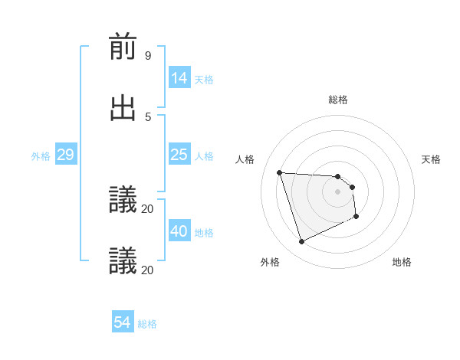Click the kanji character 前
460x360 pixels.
pos(123,47)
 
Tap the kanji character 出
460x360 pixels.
pos(123,108)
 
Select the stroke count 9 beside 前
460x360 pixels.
pos(147,55)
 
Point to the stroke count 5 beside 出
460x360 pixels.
pos(147,116)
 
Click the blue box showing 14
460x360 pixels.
pos(179,78)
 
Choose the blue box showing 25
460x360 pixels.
pos(179,155)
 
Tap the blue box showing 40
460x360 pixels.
pos(179,231)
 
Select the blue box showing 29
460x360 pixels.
pos(65,155)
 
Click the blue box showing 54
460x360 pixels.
pos(122,322)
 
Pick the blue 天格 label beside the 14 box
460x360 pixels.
pos(204,80)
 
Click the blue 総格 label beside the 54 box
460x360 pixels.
pos(147,324)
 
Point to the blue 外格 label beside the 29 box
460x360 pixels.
pos(41,156)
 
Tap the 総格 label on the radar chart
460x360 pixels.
pos(338,100)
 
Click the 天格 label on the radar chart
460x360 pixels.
pos(432,159)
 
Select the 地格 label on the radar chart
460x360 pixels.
pos(402,262)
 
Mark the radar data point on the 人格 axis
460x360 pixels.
pos(280,172)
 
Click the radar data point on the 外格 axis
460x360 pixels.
pos(301,242)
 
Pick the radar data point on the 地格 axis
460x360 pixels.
pos(356,218)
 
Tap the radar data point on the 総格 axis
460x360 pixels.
pos(338,176)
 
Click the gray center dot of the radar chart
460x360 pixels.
pos(338,192)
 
